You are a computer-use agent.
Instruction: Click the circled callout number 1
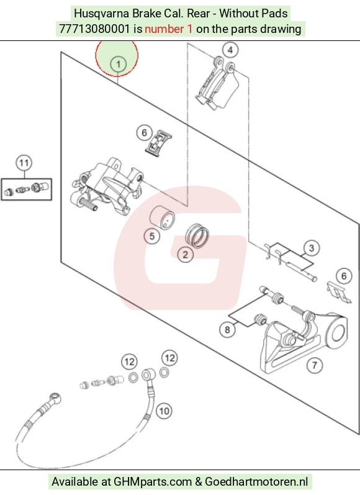click(x=118, y=64)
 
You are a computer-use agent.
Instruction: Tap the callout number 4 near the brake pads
click(x=230, y=50)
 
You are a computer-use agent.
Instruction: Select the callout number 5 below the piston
click(x=152, y=236)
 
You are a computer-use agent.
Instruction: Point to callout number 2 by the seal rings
click(x=185, y=255)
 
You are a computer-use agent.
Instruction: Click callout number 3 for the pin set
click(x=312, y=248)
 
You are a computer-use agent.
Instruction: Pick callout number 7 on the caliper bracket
click(x=315, y=366)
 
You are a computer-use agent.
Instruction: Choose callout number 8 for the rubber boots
click(x=228, y=330)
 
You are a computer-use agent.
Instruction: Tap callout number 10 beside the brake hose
click(x=164, y=411)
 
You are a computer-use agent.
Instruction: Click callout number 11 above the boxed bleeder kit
click(x=24, y=163)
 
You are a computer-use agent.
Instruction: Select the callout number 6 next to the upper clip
click(x=145, y=132)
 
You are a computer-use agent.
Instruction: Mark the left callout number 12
click(x=129, y=361)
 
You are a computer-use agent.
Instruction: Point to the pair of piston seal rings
click(x=197, y=235)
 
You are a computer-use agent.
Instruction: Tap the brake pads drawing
click(x=218, y=84)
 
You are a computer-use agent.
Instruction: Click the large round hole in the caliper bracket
click(x=337, y=334)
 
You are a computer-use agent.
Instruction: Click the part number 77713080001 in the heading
click(x=94, y=29)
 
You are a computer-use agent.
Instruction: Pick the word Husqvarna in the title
click(x=102, y=14)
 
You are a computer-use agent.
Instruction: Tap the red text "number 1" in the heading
click(x=168, y=29)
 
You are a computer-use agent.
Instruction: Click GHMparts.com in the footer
click(x=153, y=482)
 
